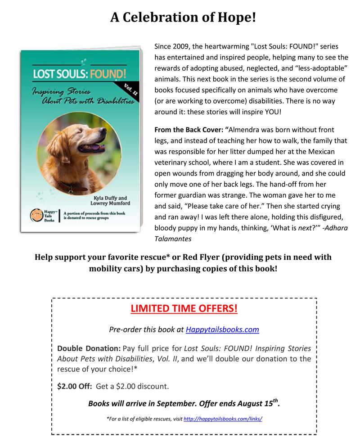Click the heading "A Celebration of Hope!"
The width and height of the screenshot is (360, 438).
click(x=183, y=17)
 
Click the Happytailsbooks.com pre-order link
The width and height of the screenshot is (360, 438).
click(x=222, y=330)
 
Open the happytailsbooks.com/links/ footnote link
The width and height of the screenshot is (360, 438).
click(x=223, y=419)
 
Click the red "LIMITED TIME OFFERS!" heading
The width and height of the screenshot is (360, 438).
click(x=184, y=309)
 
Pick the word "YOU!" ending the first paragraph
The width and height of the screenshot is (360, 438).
click(x=271, y=111)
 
